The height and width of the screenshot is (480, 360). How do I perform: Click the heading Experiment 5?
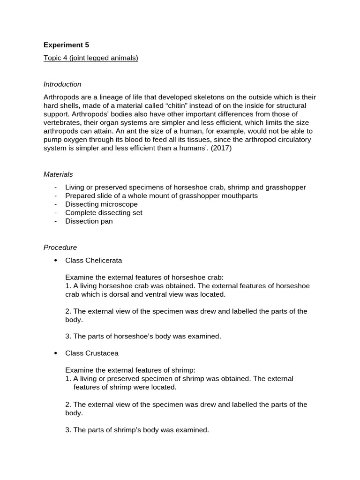pyautogui.click(x=66, y=45)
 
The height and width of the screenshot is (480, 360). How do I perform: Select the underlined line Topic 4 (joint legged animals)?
pyautogui.click(x=91, y=58)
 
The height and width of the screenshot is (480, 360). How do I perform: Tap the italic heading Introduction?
pyautogui.click(x=62, y=84)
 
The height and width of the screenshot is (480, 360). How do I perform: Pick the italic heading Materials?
pyautogui.click(x=58, y=174)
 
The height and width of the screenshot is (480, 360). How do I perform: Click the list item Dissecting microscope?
pyautogui.click(x=101, y=204)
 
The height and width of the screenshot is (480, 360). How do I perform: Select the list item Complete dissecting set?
pyautogui.click(x=104, y=213)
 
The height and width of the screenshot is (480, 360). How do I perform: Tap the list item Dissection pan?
pyautogui.click(x=89, y=221)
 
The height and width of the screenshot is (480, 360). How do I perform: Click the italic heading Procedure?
pyautogui.click(x=60, y=247)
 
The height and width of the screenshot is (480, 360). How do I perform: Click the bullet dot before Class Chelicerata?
pyautogui.click(x=56, y=260)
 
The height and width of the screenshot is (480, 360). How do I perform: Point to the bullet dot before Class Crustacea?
pyautogui.click(x=56, y=353)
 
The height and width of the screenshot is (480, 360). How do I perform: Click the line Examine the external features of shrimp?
pyautogui.click(x=127, y=370)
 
